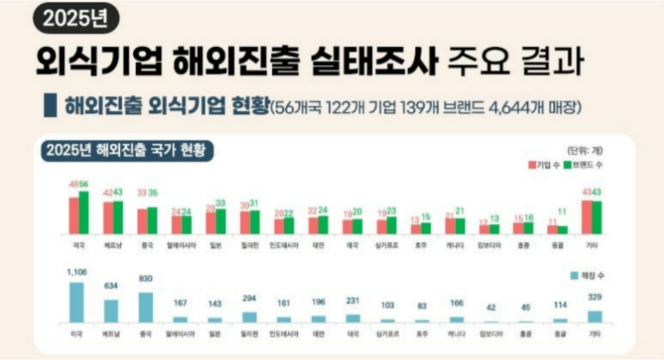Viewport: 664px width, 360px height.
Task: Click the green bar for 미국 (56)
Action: tap(84, 212)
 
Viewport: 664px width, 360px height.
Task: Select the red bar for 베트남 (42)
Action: tap(108, 218)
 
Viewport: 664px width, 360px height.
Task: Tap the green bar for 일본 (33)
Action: tap(221, 221)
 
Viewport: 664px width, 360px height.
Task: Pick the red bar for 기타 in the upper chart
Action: tap(587, 217)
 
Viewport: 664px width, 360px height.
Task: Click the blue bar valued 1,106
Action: tap(76, 302)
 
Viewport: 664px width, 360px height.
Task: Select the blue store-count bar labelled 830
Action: tap(145, 307)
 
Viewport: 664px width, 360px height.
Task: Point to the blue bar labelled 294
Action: tap(250, 317)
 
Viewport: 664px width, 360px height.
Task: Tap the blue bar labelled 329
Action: tap(595, 316)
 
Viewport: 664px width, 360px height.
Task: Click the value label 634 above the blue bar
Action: tap(111, 286)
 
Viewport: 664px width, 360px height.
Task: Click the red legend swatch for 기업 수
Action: tap(532, 165)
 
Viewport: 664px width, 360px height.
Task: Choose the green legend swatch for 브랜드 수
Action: tap(567, 165)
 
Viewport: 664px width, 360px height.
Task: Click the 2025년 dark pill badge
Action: tap(75, 19)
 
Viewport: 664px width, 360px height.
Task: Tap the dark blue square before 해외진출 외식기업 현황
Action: tap(50, 106)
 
